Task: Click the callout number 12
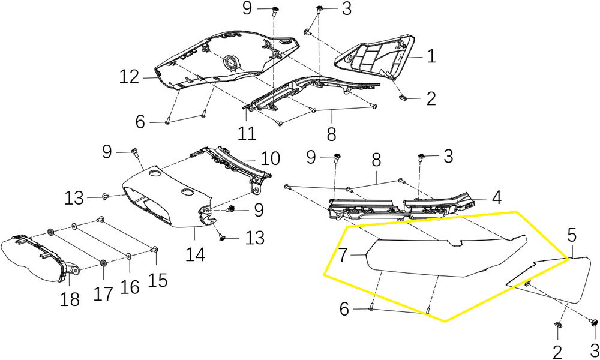click(x=129, y=77)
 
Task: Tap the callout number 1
click(x=431, y=56)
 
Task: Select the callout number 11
click(x=247, y=134)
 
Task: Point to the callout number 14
click(x=195, y=255)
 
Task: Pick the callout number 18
click(x=69, y=299)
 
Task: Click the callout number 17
click(x=103, y=294)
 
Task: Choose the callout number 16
click(x=130, y=287)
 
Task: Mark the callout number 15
click(x=158, y=280)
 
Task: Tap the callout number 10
click(x=271, y=158)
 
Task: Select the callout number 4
click(x=496, y=198)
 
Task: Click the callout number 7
click(x=343, y=255)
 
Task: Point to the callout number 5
click(x=572, y=235)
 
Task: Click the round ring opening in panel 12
click(x=231, y=62)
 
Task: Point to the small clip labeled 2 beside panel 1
click(x=403, y=97)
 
